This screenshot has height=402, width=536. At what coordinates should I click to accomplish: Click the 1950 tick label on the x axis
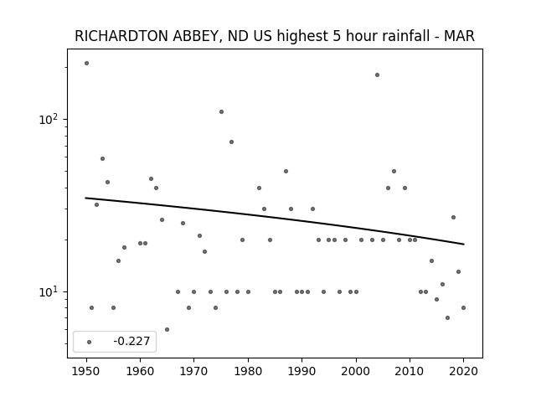tap(86, 371)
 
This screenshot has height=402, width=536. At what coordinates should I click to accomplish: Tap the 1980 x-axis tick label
tap(248, 371)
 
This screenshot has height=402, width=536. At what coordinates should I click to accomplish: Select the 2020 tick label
tap(463, 371)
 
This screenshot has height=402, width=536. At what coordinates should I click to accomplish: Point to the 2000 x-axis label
tap(356, 371)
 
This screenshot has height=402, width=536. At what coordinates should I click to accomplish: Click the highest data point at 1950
tap(86, 64)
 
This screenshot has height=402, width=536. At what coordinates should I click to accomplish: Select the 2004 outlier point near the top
tap(377, 75)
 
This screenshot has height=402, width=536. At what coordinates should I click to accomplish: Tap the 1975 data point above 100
tap(221, 111)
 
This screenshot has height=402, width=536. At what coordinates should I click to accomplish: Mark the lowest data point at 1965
tap(167, 329)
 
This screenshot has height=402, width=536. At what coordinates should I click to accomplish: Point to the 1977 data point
tap(231, 142)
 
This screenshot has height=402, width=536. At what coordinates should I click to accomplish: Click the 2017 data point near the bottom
tap(447, 318)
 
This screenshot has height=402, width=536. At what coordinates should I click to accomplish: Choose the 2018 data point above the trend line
tap(453, 217)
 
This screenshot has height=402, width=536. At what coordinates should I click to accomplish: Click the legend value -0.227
tap(131, 341)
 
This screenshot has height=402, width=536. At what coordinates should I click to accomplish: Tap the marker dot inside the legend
tap(90, 342)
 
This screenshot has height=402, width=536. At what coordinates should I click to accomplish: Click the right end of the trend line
tap(464, 244)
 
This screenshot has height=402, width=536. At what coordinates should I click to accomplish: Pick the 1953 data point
tap(102, 158)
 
